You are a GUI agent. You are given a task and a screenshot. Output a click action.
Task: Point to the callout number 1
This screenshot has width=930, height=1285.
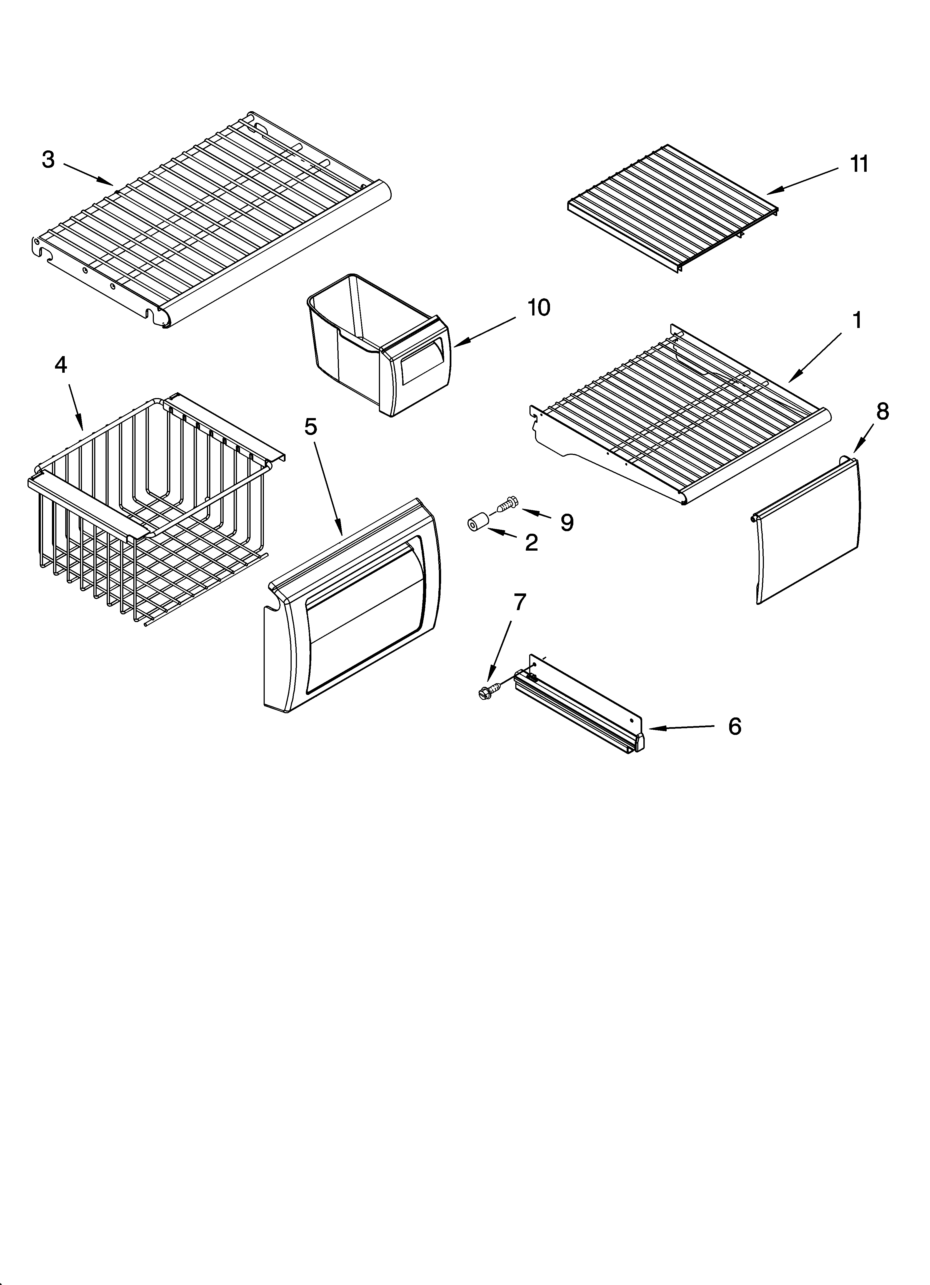click(x=857, y=320)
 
